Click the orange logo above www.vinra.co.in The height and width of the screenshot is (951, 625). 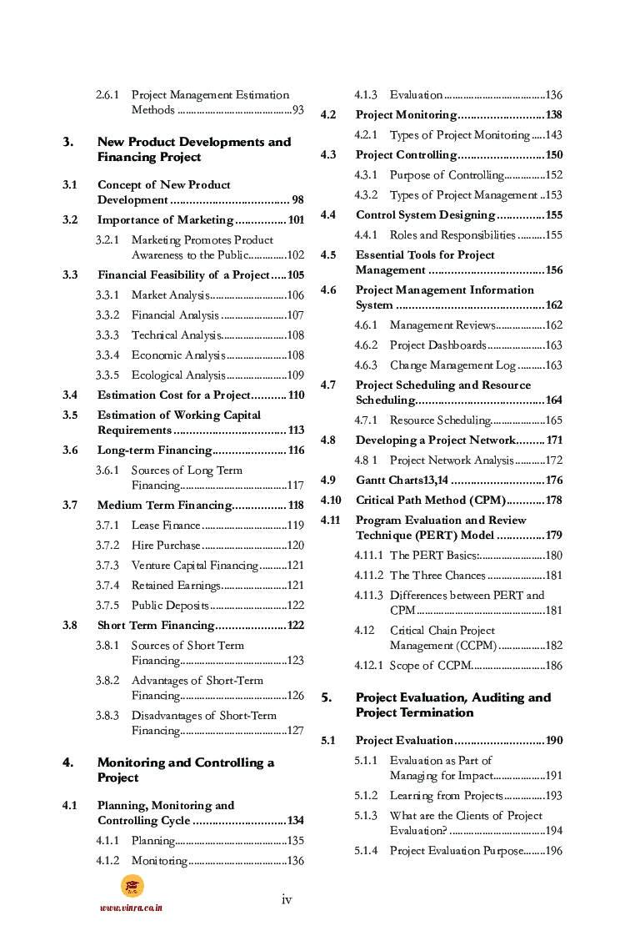tap(132, 886)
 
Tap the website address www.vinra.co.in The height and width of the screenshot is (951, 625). tap(131, 907)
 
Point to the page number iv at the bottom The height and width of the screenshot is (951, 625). tap(287, 898)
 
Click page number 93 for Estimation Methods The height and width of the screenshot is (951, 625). tap(297, 110)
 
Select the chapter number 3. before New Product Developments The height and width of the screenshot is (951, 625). tap(68, 142)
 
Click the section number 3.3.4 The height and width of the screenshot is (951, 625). tap(107, 355)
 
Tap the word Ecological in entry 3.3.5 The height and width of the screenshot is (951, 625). tap(156, 375)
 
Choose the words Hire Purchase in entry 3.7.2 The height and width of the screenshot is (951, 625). tap(166, 546)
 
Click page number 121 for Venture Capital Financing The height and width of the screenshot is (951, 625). tap(295, 566)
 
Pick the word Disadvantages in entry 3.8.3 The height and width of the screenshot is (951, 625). tap(167, 716)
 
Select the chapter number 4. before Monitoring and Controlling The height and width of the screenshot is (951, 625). tap(68, 762)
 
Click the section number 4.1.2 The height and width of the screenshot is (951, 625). tap(107, 861)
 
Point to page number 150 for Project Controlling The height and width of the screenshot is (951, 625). tap(553, 155)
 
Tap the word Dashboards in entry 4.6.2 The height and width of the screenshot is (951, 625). tap(457, 345)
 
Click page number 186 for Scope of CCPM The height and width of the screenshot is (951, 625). tap(553, 666)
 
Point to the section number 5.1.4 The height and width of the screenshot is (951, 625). tap(365, 851)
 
